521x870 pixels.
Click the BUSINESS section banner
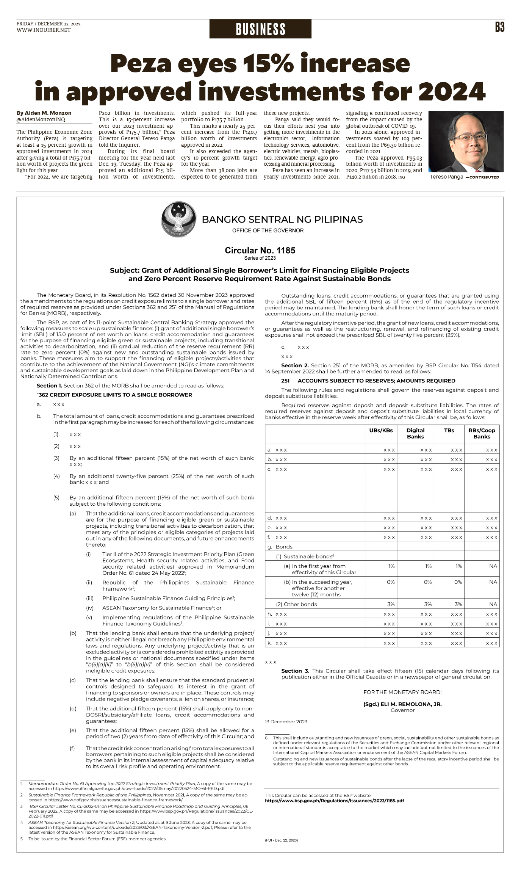click(x=260, y=29)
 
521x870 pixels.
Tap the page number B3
click(x=499, y=27)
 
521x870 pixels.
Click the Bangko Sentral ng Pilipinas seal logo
click(x=179, y=220)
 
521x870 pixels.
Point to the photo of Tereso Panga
click(x=466, y=141)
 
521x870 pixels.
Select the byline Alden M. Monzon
click(x=44, y=113)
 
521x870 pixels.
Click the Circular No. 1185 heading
click(x=260, y=250)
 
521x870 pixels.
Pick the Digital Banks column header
click(x=415, y=433)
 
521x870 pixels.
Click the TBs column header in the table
click(x=449, y=430)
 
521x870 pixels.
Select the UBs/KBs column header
click(x=381, y=430)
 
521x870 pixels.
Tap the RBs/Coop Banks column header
click(x=482, y=433)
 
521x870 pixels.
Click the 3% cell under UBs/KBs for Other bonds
click(x=391, y=604)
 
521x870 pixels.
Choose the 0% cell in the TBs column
click(x=458, y=582)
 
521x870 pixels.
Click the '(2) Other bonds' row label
click(x=296, y=604)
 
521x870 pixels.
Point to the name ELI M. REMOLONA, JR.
click(x=402, y=704)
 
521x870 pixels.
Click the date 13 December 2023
click(x=286, y=721)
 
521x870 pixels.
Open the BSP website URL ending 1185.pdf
click(x=335, y=801)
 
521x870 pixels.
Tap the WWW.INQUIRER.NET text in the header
click(x=44, y=30)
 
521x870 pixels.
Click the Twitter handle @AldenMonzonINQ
click(x=41, y=119)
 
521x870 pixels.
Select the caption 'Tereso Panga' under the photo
click(x=446, y=177)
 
